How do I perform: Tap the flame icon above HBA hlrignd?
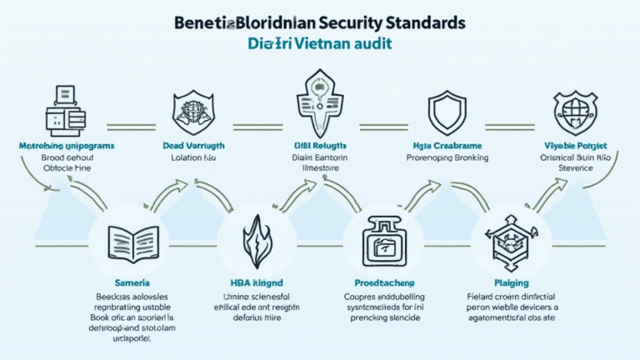pos(256,240)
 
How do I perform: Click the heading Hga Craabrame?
pos(441,146)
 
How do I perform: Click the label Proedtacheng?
pos(383,283)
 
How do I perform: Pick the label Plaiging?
pos(509,283)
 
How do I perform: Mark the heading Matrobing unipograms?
pos(67,146)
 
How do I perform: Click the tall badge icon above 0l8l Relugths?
pos(318,103)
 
